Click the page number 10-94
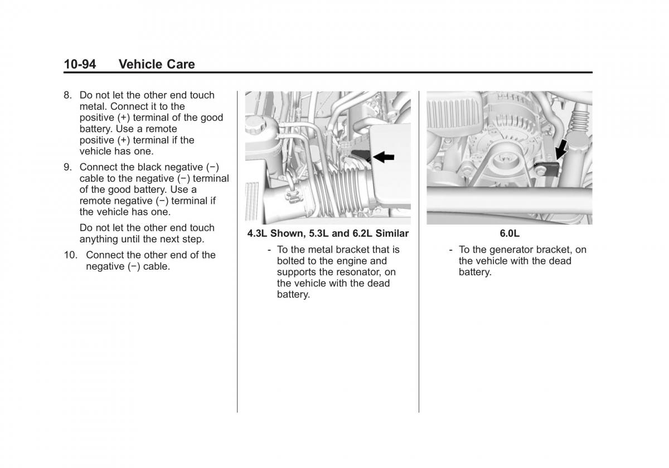[80, 64]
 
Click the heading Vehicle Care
[157, 64]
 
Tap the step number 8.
[67, 95]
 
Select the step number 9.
[67, 167]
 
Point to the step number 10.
[70, 255]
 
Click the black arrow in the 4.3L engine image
[384, 157]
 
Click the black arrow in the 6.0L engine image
[561, 149]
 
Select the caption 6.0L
[510, 233]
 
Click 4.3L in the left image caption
[257, 233]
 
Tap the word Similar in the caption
[392, 233]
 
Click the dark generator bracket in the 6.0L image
[546, 169]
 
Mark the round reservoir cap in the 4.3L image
[255, 124]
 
